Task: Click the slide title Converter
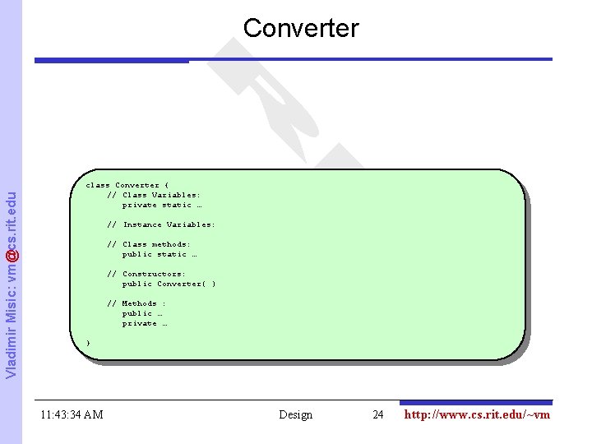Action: pyautogui.click(x=301, y=28)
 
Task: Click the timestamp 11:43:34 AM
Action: pyautogui.click(x=72, y=414)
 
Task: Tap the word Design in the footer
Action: pyautogui.click(x=295, y=414)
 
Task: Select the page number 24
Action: pyautogui.click(x=378, y=414)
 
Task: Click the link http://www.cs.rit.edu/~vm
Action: pyautogui.click(x=477, y=414)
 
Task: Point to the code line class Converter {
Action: pyautogui.click(x=127, y=185)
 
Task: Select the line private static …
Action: pyautogui.click(x=162, y=205)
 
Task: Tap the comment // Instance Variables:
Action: pyautogui.click(x=161, y=224)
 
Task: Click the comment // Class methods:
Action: pyautogui.click(x=149, y=244)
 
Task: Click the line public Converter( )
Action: pyautogui.click(x=169, y=284)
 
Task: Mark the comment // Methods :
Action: pyautogui.click(x=136, y=303)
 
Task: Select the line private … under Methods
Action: pyautogui.click(x=145, y=323)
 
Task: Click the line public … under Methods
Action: pyautogui.click(x=142, y=313)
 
